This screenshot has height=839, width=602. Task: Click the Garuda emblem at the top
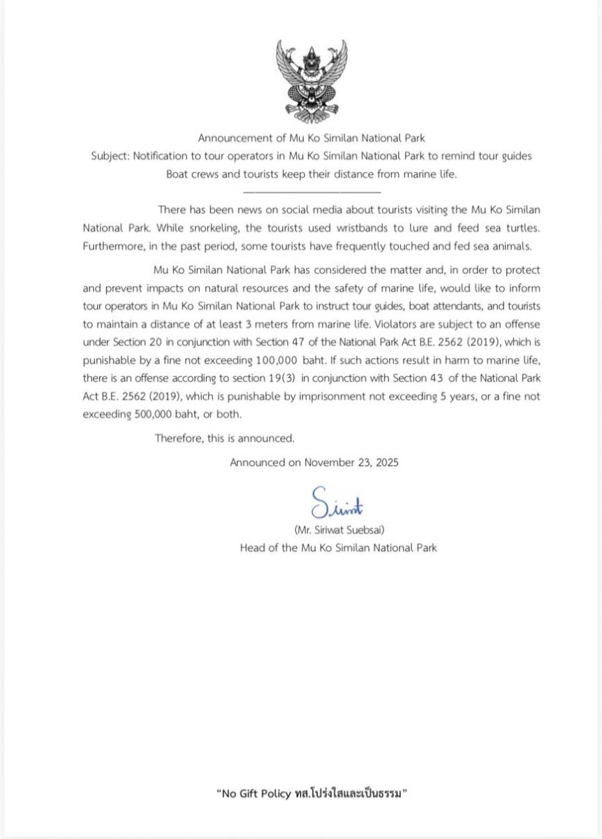[311, 81]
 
